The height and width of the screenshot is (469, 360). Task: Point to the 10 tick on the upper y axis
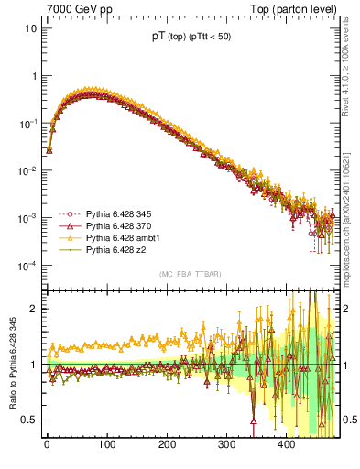coord(30,27)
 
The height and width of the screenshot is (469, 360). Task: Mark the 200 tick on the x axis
coord(167,444)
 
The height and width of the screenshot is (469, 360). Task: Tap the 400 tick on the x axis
coord(286,444)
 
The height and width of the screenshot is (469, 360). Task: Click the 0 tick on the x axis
coord(47,444)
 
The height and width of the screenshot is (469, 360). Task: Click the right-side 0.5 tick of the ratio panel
coord(348,420)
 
